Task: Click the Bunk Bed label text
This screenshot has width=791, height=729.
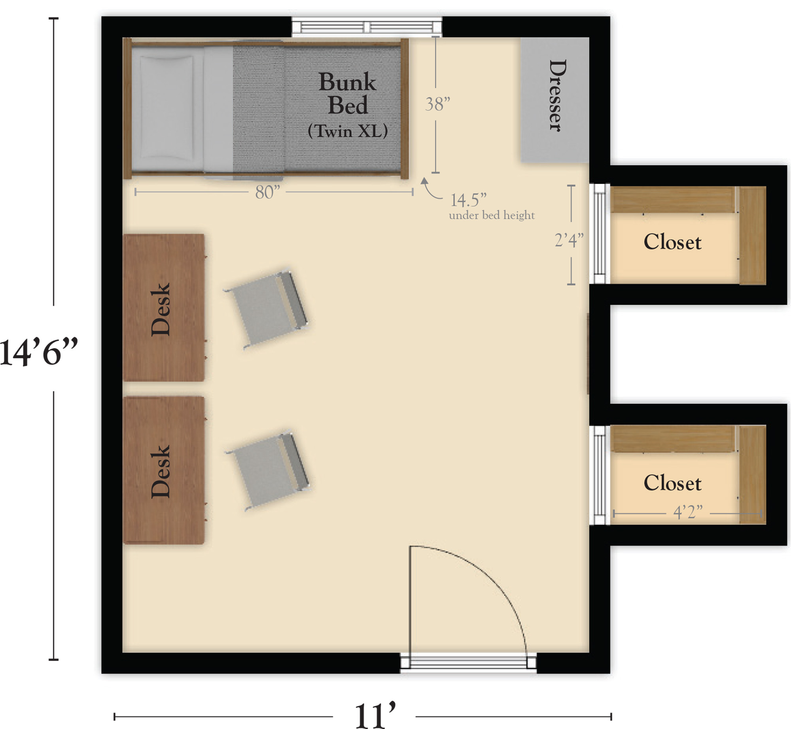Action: point(348,93)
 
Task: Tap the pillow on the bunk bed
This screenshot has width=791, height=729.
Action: point(167,108)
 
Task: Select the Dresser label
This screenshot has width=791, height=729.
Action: point(558,96)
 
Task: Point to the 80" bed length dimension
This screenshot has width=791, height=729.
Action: point(268,193)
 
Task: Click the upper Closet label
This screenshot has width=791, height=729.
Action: point(672,242)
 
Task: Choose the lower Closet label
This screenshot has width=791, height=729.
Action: point(672,483)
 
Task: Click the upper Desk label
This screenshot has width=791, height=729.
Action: point(161,309)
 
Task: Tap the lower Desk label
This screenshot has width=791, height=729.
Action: point(161,471)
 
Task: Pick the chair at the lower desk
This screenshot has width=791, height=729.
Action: point(268,470)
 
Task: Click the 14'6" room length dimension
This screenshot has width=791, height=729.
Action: point(39,351)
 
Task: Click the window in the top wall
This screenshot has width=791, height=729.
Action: point(367,27)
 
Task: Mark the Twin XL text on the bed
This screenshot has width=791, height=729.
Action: point(348,131)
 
